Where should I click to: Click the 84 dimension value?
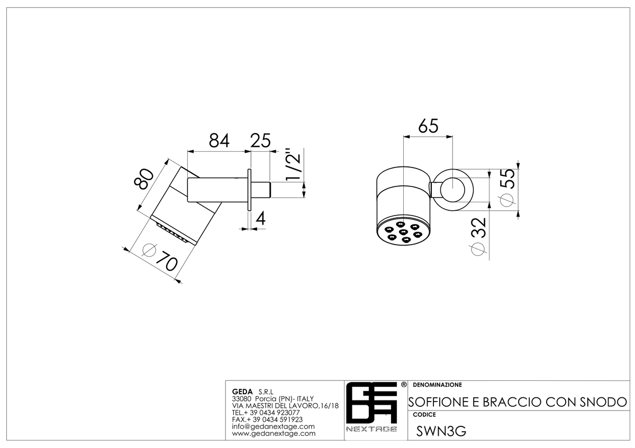point(219,141)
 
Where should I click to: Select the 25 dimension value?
point(260,141)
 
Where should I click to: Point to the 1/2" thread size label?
point(293,164)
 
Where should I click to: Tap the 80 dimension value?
point(143,179)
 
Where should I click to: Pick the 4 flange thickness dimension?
point(260,219)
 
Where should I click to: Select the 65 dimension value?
point(428,126)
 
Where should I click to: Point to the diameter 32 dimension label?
point(478,236)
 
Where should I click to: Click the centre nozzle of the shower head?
point(403,232)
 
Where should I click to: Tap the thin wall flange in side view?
point(249,190)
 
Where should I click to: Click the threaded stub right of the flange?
point(260,190)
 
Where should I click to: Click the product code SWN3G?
point(441,432)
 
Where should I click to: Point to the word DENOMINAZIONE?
point(438,385)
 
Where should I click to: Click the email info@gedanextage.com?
point(273,426)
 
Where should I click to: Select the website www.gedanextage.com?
point(274,434)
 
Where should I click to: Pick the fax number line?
point(267,419)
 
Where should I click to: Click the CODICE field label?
point(424,415)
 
